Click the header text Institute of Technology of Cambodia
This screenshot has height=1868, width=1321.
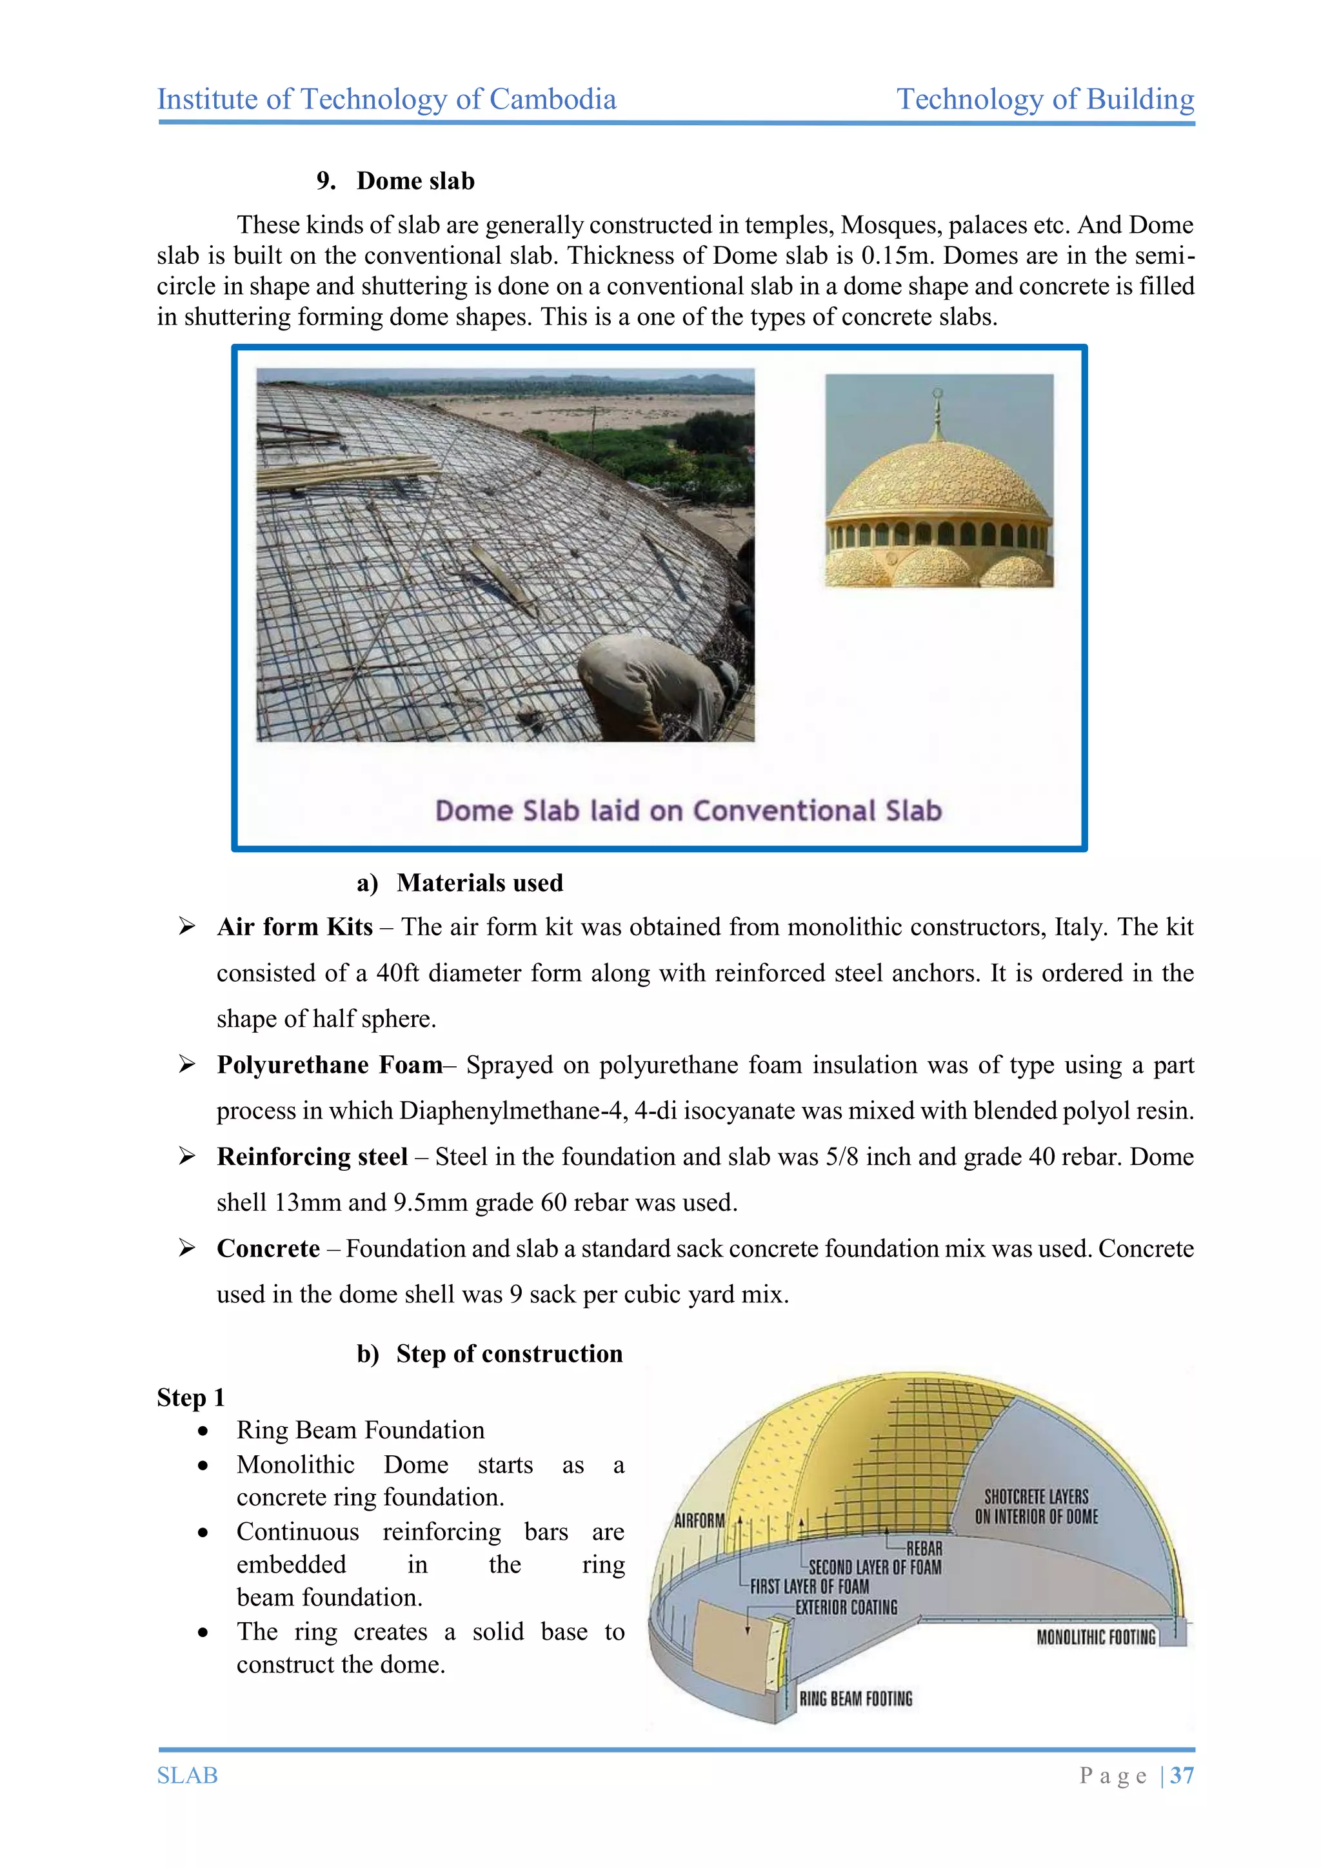(386, 99)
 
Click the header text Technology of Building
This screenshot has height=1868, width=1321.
(1044, 99)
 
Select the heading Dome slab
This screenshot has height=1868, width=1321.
(415, 181)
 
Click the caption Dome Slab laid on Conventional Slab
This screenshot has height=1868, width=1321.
(688, 810)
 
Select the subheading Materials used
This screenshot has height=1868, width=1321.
(479, 883)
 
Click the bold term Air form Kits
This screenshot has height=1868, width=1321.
(295, 927)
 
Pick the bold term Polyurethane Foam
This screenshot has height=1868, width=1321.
(330, 1065)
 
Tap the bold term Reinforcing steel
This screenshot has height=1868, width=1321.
(312, 1157)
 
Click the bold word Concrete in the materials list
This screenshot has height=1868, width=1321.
(268, 1249)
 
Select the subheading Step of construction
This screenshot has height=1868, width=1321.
(509, 1354)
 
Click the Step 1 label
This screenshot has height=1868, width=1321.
(190, 1398)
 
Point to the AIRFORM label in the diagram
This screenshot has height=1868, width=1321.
(699, 1520)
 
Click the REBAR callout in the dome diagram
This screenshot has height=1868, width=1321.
(924, 1548)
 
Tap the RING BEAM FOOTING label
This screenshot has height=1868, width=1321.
(856, 1699)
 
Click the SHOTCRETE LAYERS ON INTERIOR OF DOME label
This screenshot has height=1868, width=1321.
(1037, 1507)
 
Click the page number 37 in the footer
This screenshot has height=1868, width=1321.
(1182, 1775)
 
